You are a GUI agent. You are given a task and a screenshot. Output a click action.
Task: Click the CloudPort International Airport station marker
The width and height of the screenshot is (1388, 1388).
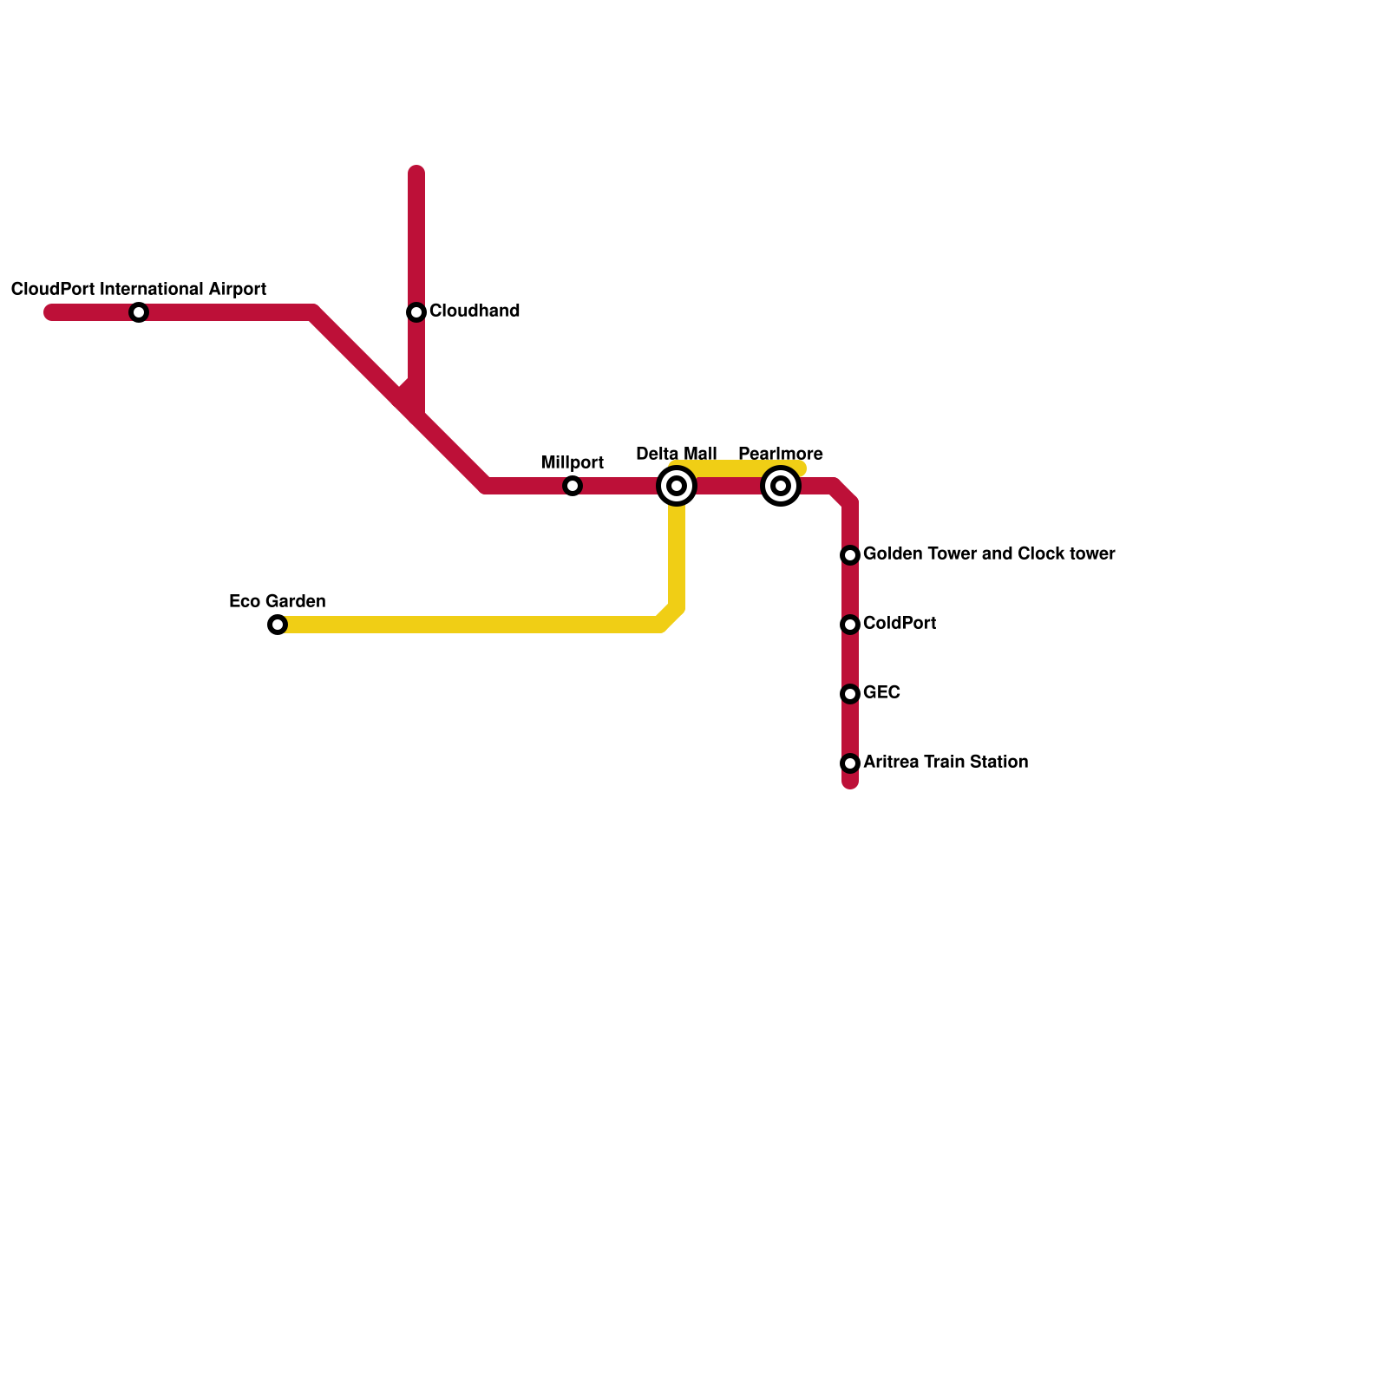click(x=139, y=312)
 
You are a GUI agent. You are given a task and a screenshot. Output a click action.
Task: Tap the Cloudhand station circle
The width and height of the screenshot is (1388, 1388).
click(x=416, y=312)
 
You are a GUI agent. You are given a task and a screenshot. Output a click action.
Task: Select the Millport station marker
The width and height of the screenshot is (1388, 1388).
click(x=573, y=486)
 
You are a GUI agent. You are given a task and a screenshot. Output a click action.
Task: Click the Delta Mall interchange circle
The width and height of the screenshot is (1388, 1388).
click(x=677, y=486)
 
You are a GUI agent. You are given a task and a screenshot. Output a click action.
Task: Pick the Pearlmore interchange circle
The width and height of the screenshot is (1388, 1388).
click(x=781, y=486)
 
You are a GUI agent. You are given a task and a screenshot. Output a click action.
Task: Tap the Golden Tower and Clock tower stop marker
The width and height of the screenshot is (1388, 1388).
click(x=850, y=555)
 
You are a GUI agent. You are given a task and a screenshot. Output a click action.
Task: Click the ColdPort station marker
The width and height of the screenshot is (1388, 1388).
click(x=850, y=625)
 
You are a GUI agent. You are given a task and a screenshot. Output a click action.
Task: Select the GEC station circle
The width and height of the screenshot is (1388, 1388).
click(x=850, y=694)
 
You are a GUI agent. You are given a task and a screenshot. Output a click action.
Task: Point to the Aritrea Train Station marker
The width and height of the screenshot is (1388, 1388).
click(x=850, y=763)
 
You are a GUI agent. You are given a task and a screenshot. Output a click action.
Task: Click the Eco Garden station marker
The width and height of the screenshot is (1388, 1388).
click(x=278, y=625)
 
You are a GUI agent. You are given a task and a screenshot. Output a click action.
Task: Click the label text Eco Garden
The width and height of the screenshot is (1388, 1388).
click(x=278, y=602)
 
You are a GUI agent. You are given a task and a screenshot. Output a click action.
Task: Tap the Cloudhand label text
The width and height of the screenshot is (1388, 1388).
click(x=475, y=311)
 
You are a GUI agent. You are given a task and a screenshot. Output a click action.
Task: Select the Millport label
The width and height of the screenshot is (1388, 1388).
click(x=573, y=463)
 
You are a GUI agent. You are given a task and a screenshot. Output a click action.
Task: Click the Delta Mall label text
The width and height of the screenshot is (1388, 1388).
click(x=677, y=455)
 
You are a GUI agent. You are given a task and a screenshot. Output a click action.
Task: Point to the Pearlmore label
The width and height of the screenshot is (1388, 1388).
click(x=781, y=455)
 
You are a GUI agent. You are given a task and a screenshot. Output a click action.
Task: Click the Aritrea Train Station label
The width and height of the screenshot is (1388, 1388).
click(x=946, y=763)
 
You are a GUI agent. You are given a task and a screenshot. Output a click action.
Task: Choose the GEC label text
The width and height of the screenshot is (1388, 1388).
click(x=881, y=693)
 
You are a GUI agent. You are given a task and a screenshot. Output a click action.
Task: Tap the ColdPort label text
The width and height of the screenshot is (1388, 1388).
click(x=900, y=624)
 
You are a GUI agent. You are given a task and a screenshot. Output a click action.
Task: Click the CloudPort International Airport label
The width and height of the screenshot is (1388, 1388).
click(x=139, y=290)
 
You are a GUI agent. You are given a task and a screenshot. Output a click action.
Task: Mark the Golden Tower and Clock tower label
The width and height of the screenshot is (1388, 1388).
click(x=989, y=554)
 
